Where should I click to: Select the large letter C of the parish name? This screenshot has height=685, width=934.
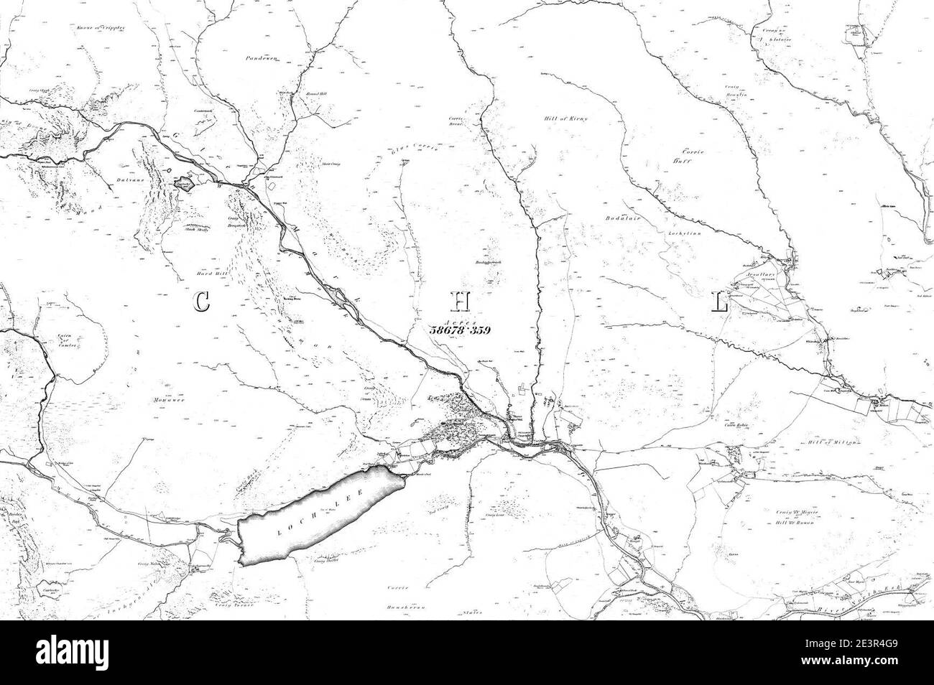coord(202,302)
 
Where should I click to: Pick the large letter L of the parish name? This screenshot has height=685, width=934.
coord(719,304)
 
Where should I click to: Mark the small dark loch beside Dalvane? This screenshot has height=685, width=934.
coord(182,185)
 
